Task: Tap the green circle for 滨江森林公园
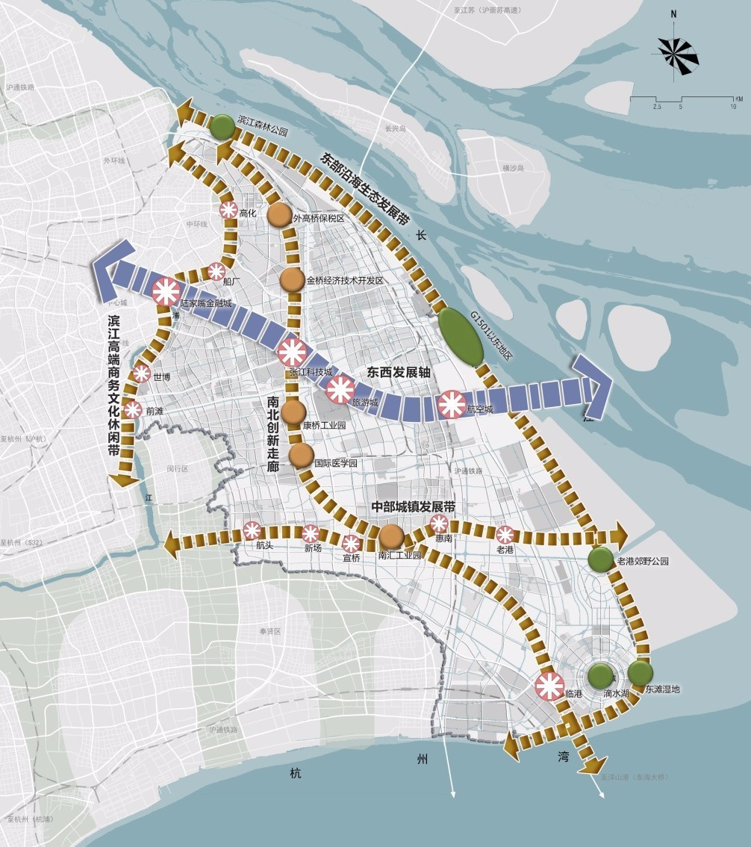click(x=222, y=127)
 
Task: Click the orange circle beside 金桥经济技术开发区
click(x=292, y=280)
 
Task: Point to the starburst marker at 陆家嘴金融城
click(x=166, y=290)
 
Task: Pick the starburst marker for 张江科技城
click(x=291, y=352)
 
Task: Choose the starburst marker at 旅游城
click(x=340, y=389)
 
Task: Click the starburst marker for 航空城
click(x=452, y=405)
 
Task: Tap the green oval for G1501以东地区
click(x=461, y=337)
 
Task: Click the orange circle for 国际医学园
click(x=301, y=455)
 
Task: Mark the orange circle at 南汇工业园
click(x=391, y=536)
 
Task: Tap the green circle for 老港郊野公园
click(x=600, y=559)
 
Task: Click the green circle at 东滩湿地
click(x=640, y=674)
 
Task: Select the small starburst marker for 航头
click(x=252, y=530)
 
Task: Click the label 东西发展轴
click(x=399, y=371)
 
